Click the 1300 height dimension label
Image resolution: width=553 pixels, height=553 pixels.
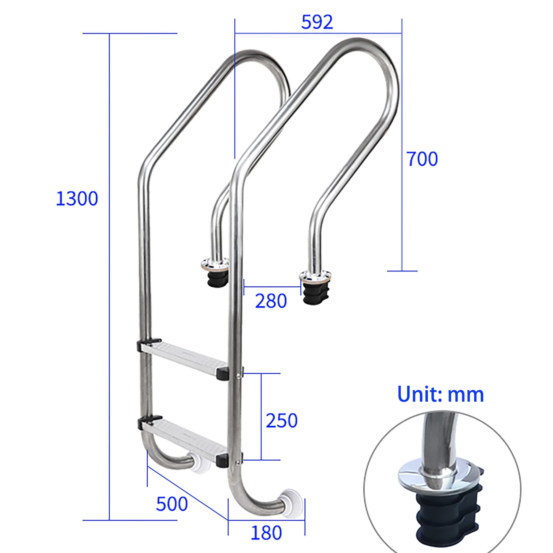click(77, 199)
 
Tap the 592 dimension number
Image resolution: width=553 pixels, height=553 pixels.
click(317, 22)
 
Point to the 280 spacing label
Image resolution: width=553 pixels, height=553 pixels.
click(271, 301)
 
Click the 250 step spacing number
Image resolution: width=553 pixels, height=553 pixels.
click(282, 421)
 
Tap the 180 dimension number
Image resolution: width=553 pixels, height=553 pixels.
click(266, 533)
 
